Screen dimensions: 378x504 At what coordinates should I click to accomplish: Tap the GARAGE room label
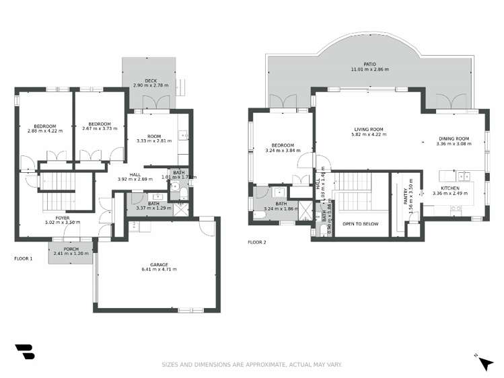(159, 264)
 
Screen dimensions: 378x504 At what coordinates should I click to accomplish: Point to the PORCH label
(71, 249)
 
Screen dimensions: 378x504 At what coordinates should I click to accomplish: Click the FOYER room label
(62, 217)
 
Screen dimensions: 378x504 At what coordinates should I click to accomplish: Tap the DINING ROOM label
(453, 139)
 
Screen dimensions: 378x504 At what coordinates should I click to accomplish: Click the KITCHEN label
(450, 188)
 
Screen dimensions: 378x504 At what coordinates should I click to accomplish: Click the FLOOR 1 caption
(23, 258)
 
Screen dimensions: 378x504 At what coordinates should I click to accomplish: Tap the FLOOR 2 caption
(256, 241)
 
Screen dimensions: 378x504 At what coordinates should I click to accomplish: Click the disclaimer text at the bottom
(252, 365)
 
